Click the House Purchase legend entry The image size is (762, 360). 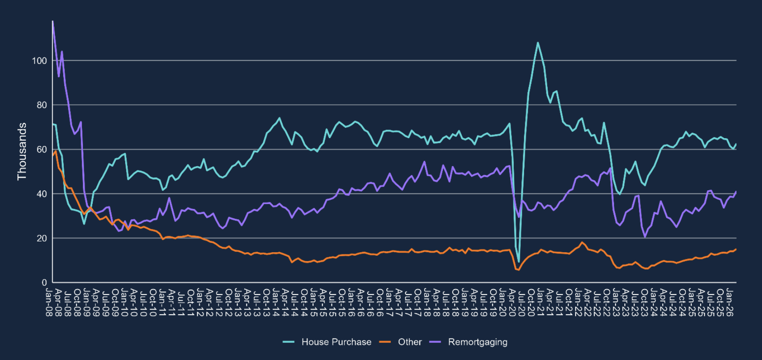click(x=336, y=342)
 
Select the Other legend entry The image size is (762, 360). click(x=410, y=342)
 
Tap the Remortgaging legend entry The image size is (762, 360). click(x=477, y=342)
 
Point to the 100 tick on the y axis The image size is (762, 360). click(x=40, y=61)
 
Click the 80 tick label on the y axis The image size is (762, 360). click(x=42, y=105)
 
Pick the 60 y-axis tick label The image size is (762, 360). click(x=42, y=149)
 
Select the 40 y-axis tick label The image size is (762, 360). click(x=42, y=194)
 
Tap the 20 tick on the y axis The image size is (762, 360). click(x=42, y=238)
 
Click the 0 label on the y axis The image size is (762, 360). click(x=44, y=282)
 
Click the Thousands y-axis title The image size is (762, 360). click(x=22, y=151)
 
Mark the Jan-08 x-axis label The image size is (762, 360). click(x=49, y=303)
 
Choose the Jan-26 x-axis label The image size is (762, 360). click(x=729, y=303)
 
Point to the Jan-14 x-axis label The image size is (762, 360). click(x=276, y=303)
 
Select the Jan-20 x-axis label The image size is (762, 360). click(x=503, y=303)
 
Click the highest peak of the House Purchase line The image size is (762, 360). click(x=538, y=43)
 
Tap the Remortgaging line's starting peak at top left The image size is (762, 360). click(x=53, y=21)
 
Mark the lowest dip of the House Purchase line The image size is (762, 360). click(x=519, y=262)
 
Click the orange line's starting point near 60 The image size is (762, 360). click(x=53, y=155)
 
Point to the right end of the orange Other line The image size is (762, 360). click(x=736, y=250)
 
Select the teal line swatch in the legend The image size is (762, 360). click(x=289, y=342)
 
